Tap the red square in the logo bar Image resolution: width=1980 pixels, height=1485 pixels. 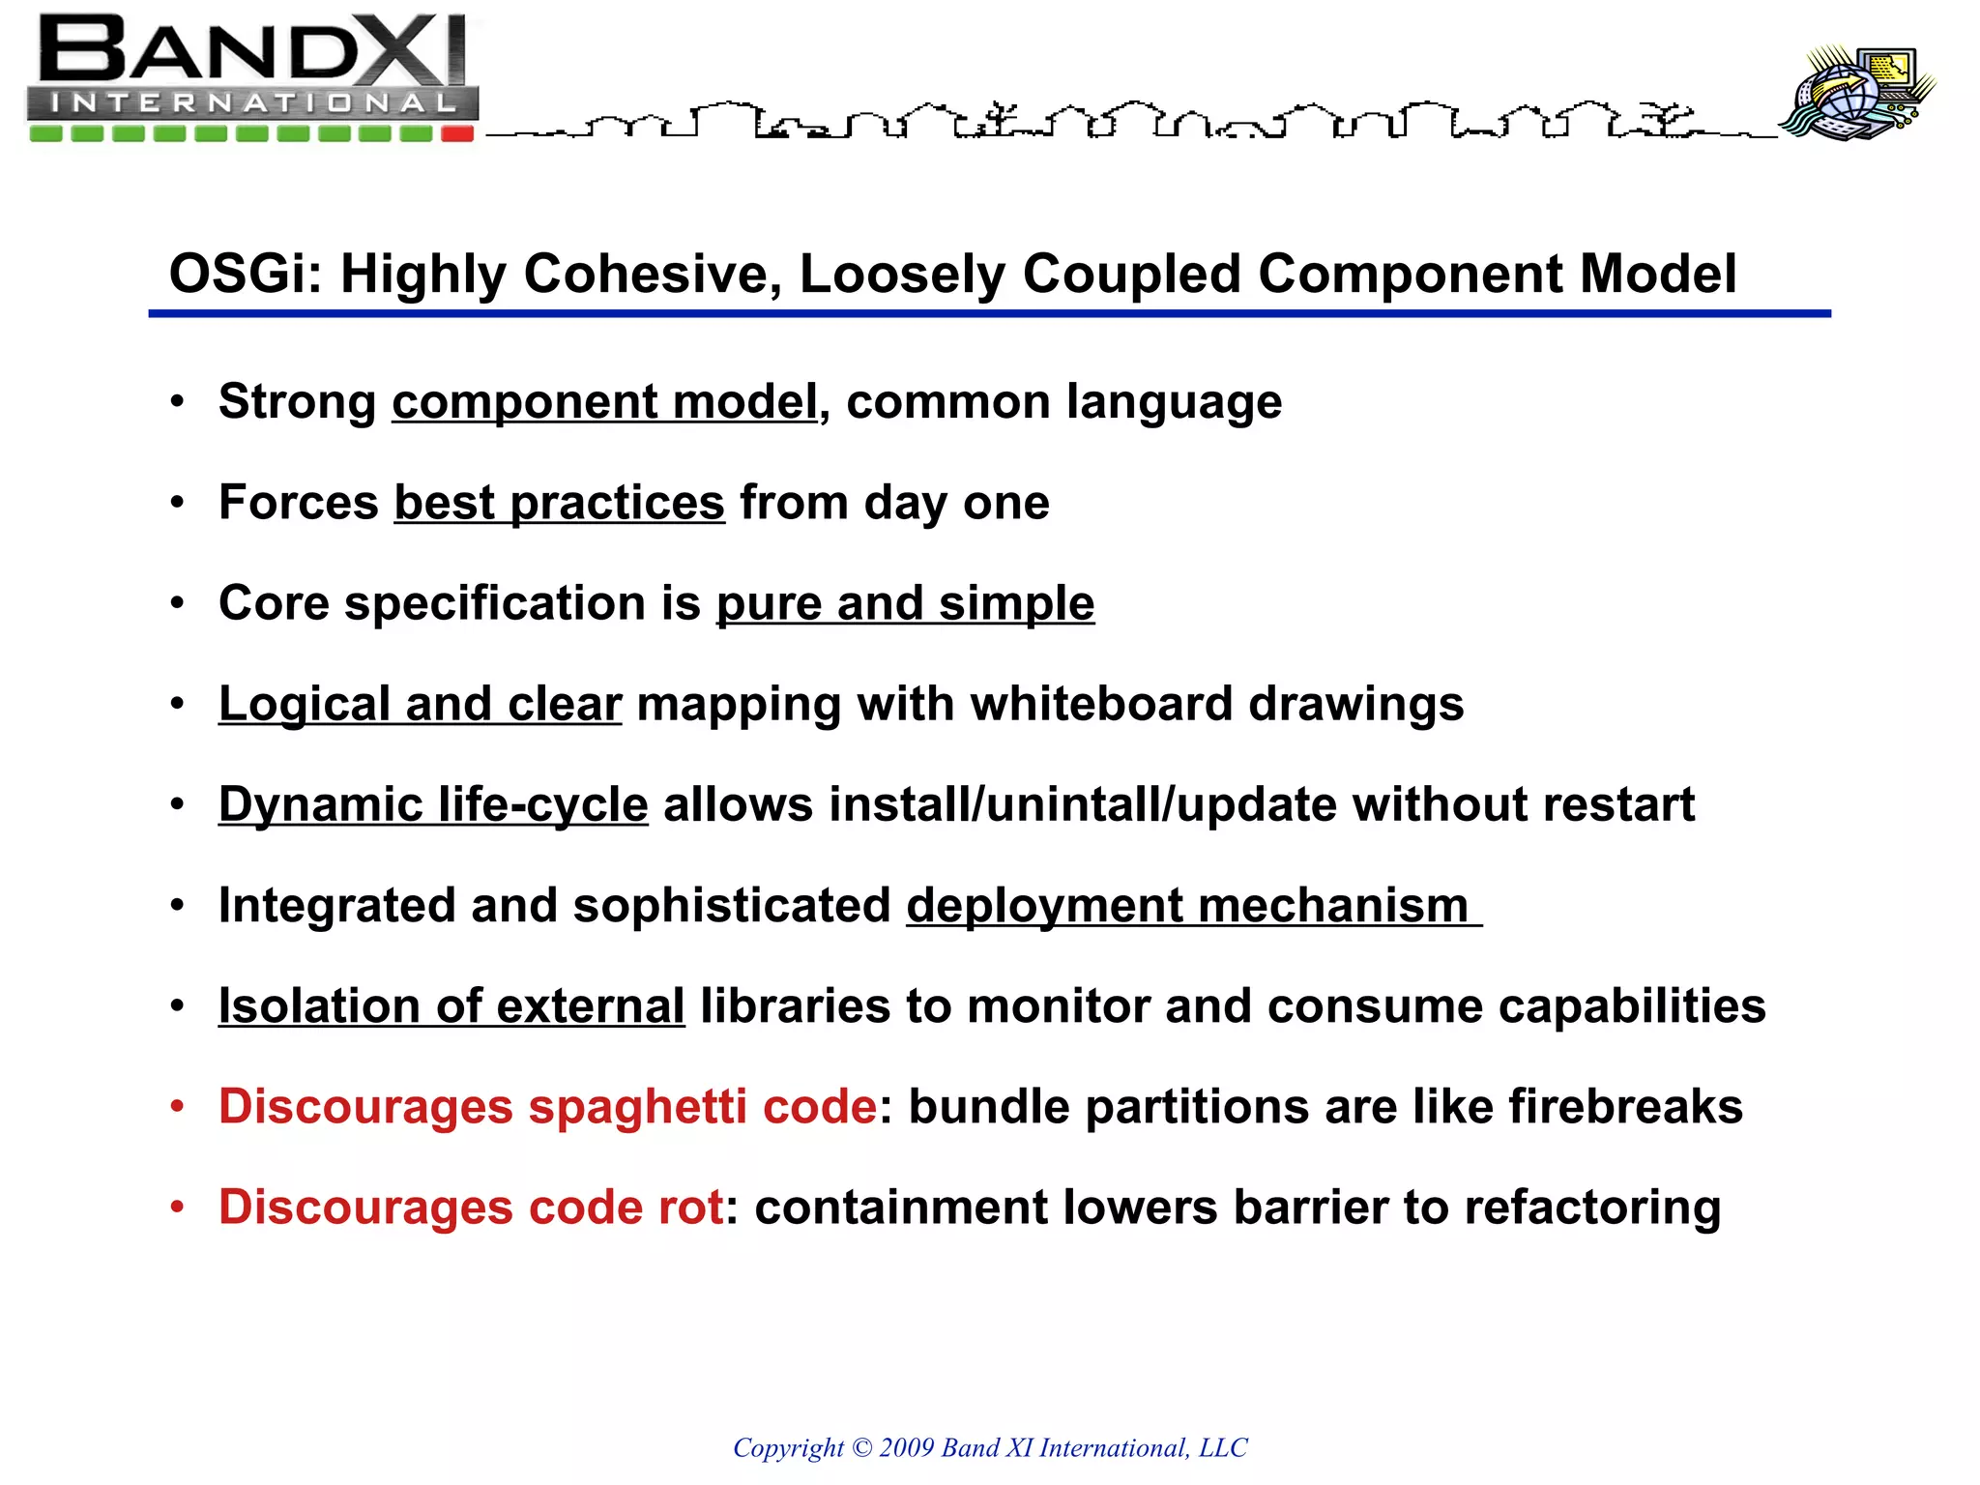(457, 133)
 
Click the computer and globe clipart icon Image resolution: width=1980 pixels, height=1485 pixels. (1857, 94)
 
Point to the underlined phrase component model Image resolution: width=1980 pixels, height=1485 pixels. (604, 402)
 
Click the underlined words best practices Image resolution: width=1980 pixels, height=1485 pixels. (559, 503)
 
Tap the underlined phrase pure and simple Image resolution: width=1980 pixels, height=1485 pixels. (905, 603)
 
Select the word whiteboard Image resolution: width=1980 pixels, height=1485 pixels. (1101, 704)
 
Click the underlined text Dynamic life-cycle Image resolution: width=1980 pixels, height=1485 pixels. (433, 804)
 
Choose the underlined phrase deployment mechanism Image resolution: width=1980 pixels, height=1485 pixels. (1187, 906)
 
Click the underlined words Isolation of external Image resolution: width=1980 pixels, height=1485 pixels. (451, 1006)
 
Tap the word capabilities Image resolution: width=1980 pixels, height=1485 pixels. (1632, 1006)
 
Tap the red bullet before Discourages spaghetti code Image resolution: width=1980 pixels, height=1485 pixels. (177, 1106)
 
